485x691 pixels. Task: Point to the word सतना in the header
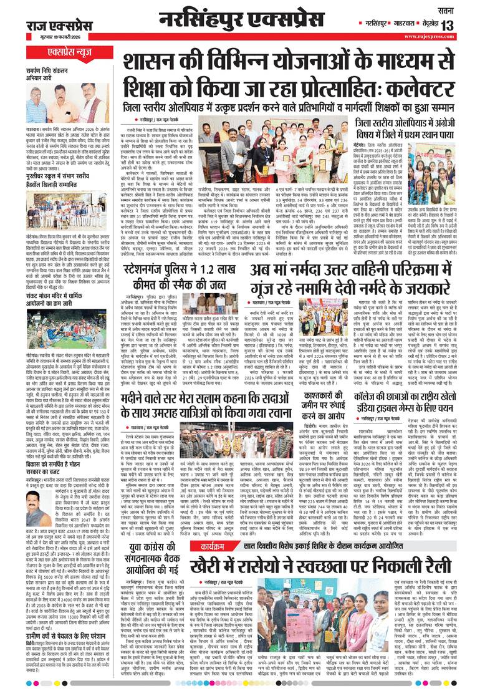pyautogui.click(x=462, y=9)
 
